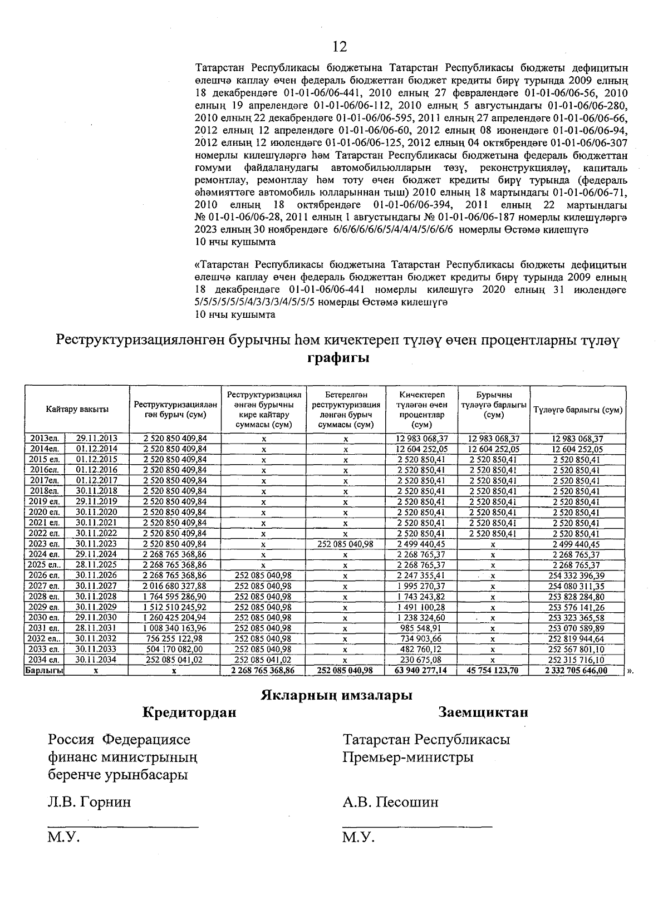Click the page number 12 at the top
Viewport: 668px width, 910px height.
340,46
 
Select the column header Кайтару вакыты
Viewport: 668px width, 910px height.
77,409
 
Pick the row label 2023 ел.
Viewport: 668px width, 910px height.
44,544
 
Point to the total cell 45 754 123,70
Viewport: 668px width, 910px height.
493,671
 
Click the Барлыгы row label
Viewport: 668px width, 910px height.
44,671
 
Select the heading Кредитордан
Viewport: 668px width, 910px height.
189,712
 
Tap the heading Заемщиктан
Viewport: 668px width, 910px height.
483,712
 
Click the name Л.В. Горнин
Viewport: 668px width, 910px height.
90,802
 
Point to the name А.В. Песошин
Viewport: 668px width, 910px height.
390,802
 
